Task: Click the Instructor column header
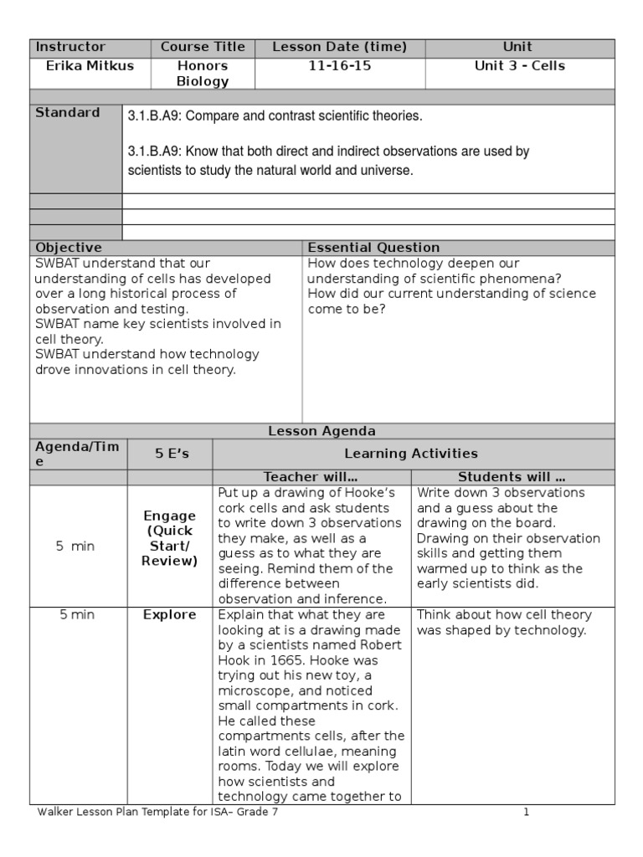tap(70, 47)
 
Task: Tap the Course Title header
tap(203, 47)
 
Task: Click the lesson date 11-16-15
tap(340, 65)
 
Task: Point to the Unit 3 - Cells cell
tap(519, 65)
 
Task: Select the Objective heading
tap(69, 248)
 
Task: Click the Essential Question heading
tap(373, 248)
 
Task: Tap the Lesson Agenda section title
tap(321, 431)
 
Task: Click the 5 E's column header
tap(170, 454)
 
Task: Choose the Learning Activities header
tap(414, 454)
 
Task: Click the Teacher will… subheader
tap(311, 477)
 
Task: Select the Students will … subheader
tap(512, 477)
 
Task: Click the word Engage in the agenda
tap(170, 516)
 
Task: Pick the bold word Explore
tap(170, 614)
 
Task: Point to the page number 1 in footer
tap(527, 811)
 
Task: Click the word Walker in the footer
tap(56, 811)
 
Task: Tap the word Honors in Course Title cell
tap(203, 65)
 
